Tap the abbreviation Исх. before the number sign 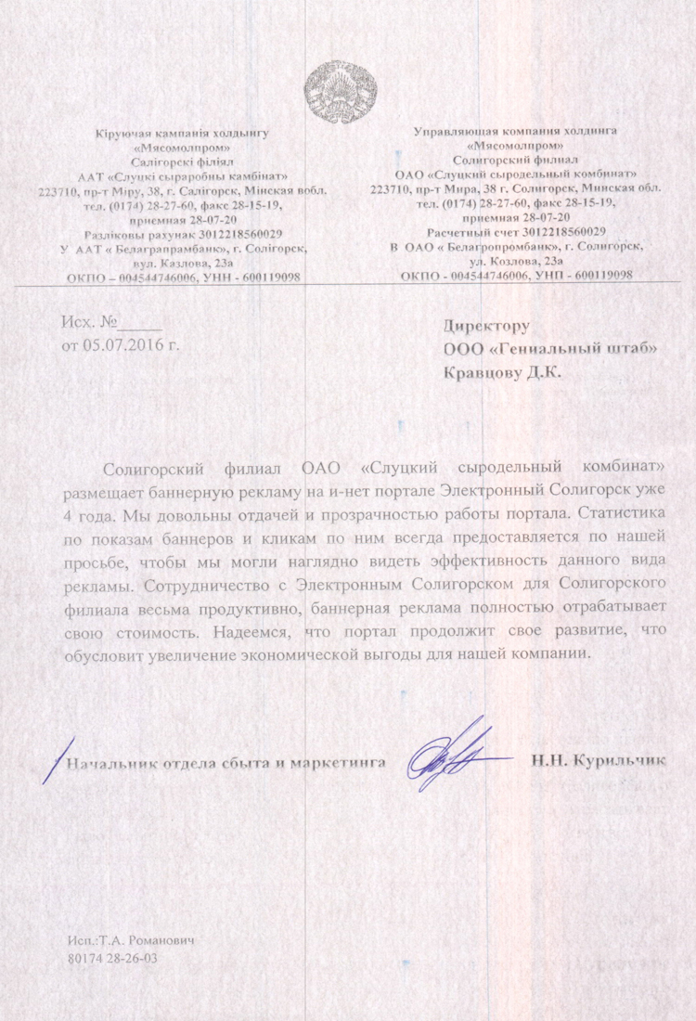[78, 324]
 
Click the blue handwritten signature [455, 756]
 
